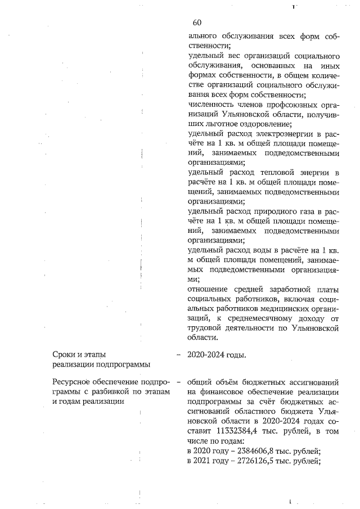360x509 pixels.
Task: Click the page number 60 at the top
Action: point(197,22)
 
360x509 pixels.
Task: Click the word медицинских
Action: point(281,308)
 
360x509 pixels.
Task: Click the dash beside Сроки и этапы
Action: point(178,355)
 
